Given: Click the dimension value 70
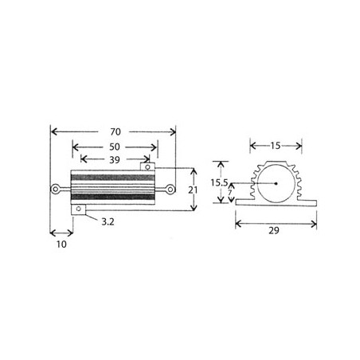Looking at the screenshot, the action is click(115, 131).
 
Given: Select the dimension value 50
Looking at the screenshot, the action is click(115, 147).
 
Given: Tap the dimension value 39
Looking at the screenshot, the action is click(115, 160).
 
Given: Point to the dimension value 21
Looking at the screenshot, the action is click(193, 190).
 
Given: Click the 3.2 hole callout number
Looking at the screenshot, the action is click(108, 221).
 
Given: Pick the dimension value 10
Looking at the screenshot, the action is click(61, 245).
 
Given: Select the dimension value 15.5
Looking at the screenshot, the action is click(219, 182).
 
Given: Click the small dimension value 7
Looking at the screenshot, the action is click(230, 192).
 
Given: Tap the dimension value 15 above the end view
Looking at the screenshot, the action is click(276, 146).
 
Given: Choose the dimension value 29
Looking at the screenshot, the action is click(274, 230).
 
